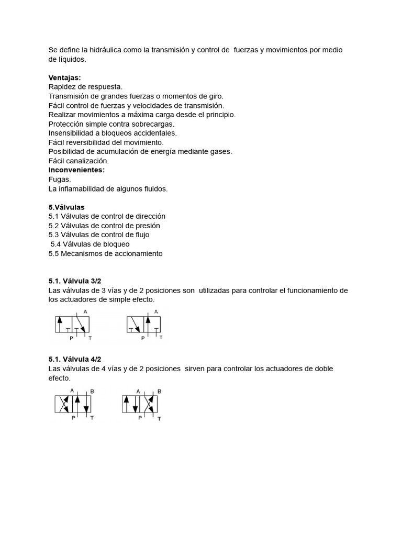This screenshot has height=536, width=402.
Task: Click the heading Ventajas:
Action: tap(64, 77)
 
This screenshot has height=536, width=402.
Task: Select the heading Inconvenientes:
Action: tap(76, 170)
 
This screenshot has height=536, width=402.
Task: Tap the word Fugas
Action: tap(60, 180)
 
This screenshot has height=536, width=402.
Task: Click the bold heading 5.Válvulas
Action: tap(66, 207)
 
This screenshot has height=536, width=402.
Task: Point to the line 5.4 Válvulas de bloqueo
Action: tap(90, 244)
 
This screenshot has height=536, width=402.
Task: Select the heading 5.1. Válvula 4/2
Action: tap(74, 359)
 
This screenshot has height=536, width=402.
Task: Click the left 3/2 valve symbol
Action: tap(72, 325)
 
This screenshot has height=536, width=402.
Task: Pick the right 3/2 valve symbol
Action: tap(144, 325)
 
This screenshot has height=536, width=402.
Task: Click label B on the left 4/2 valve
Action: tap(92, 391)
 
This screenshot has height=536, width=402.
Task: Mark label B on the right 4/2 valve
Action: tap(159, 391)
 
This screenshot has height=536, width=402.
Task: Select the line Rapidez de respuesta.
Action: tap(85, 87)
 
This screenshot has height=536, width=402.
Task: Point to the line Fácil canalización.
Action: tap(79, 161)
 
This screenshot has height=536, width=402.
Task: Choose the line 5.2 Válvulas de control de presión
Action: tap(104, 226)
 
